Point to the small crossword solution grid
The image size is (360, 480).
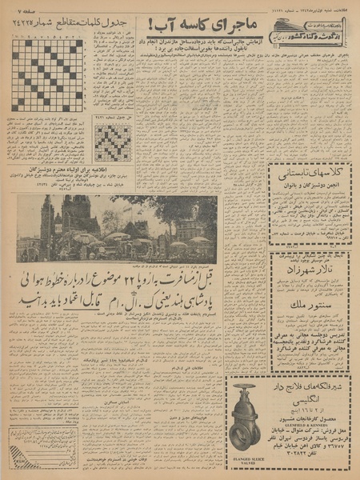113,142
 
